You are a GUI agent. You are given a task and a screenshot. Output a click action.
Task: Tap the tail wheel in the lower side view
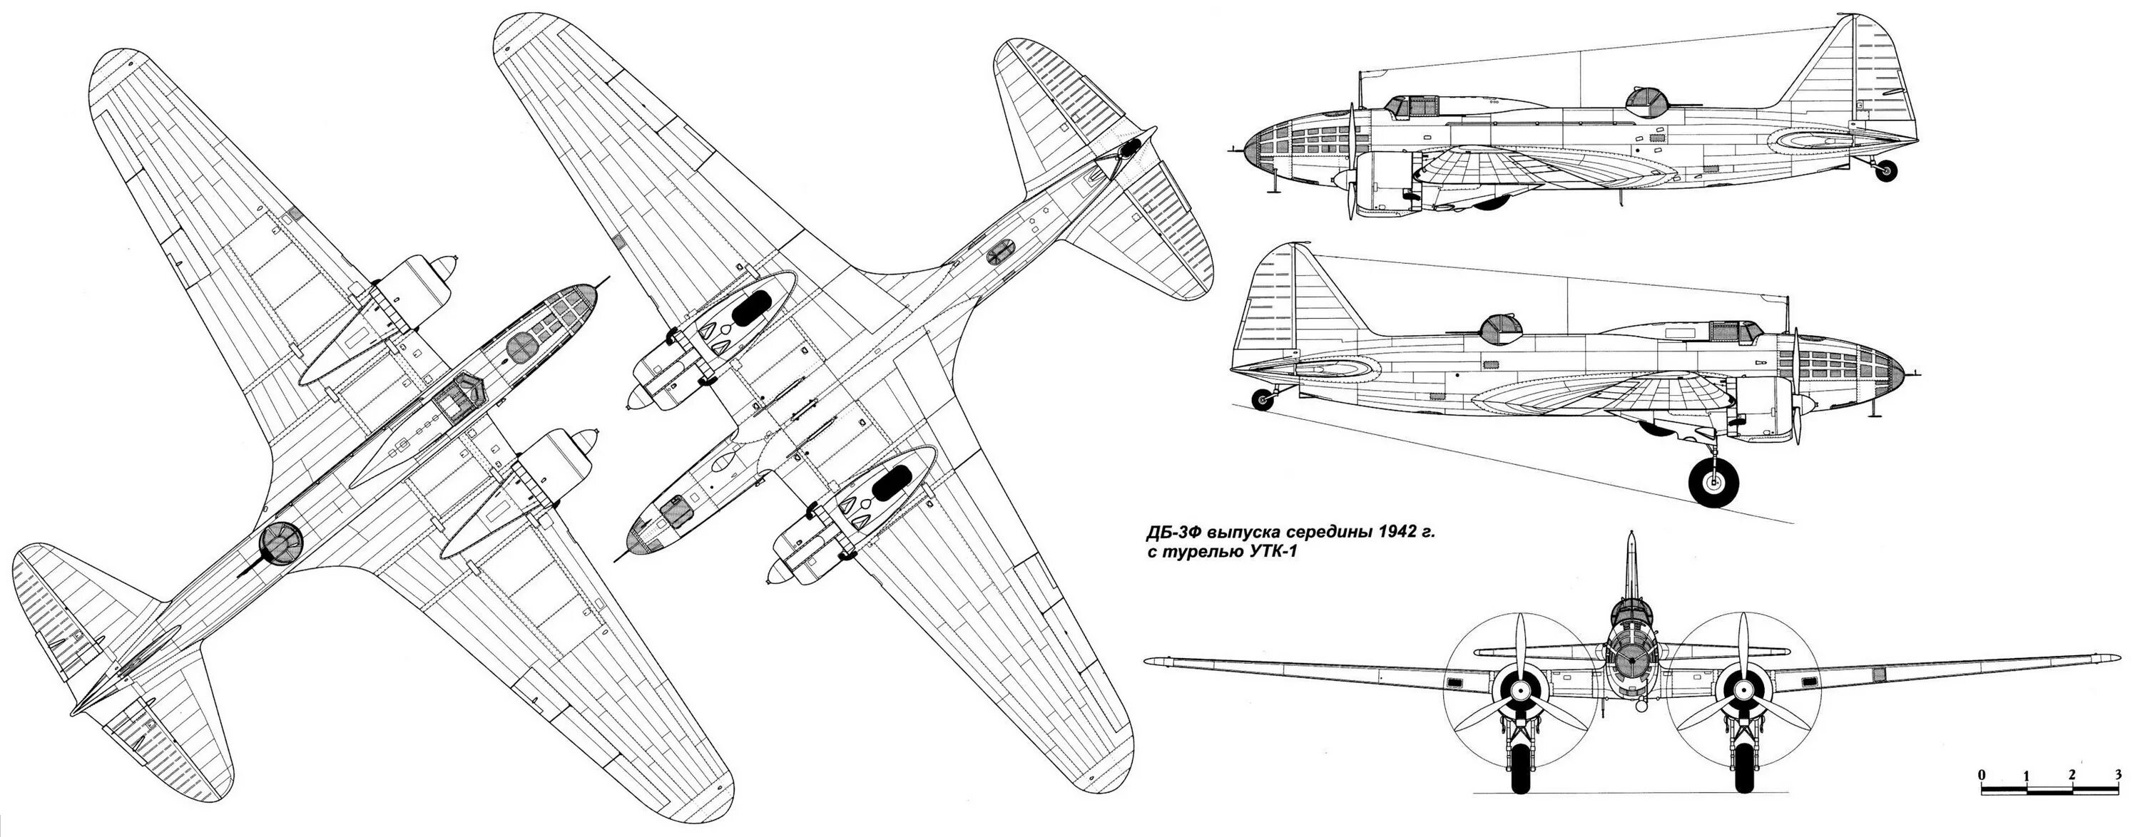pyautogui.click(x=1263, y=400)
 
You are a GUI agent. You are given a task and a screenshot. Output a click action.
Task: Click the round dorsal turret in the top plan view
pyautogui.click(x=279, y=541)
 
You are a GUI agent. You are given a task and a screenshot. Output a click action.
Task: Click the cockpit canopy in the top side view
pyautogui.click(x=1412, y=106)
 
